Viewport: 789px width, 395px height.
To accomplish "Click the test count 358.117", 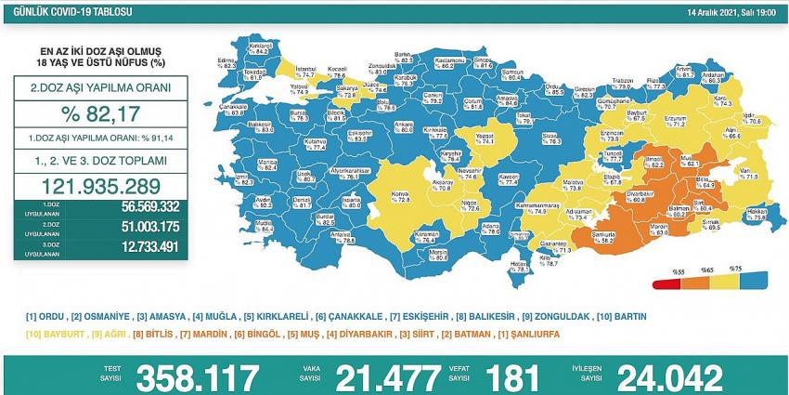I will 198,376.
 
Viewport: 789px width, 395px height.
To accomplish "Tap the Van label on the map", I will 719,169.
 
